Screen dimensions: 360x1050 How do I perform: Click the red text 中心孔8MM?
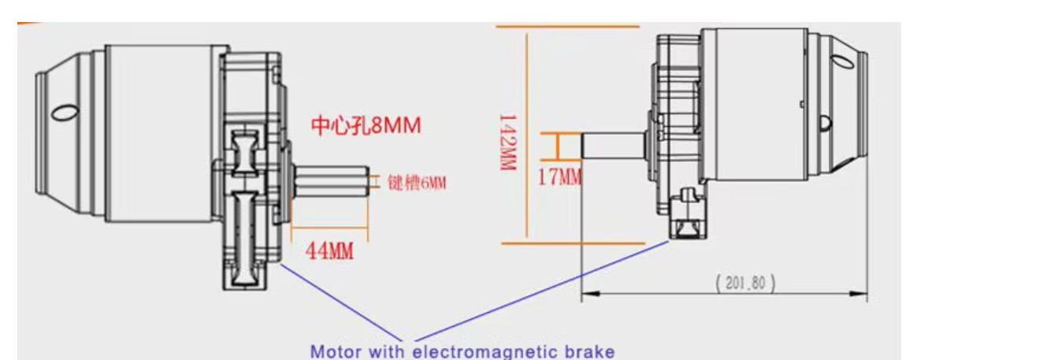365,126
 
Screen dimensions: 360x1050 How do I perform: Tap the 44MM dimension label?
328,251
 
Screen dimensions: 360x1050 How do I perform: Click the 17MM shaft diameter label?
559,176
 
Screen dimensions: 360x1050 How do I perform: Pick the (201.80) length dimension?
745,282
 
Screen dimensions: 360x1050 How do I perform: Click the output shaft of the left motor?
331,184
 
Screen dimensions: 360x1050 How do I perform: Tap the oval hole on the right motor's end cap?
824,122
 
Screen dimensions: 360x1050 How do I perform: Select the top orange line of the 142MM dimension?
567,27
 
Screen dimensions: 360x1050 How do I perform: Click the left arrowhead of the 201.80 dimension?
586,294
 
